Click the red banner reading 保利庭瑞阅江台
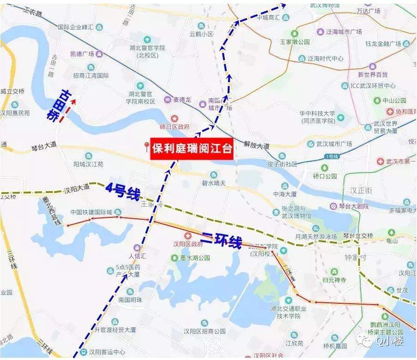pyautogui.click(x=192, y=149)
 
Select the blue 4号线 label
pyautogui.click(x=122, y=191)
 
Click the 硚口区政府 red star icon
pyautogui.click(x=175, y=118)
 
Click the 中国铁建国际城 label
pyautogui.click(x=91, y=212)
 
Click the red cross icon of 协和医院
pyautogui.click(x=391, y=112)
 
